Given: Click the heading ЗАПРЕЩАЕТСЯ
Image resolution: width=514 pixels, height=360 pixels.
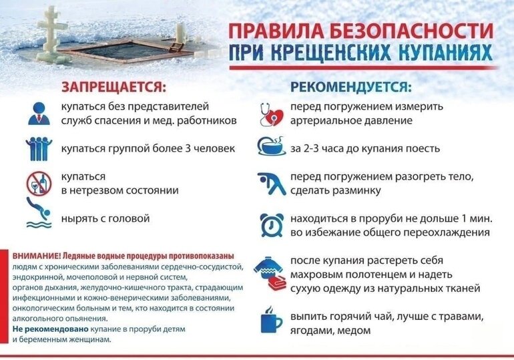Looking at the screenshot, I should click(x=113, y=87).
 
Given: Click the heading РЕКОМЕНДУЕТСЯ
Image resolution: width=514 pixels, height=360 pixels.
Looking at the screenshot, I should click(x=351, y=87).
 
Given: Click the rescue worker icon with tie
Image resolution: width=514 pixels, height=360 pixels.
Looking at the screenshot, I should click(x=39, y=113).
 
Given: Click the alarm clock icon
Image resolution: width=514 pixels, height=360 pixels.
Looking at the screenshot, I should click(x=270, y=225).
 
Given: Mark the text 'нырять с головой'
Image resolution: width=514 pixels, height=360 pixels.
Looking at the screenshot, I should click(x=104, y=218).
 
